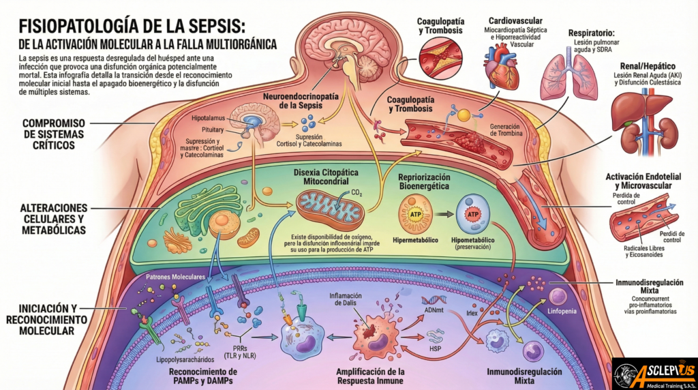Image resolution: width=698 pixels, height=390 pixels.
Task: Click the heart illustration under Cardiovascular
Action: [501, 69]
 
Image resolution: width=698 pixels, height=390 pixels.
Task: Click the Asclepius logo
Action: [654, 374]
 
